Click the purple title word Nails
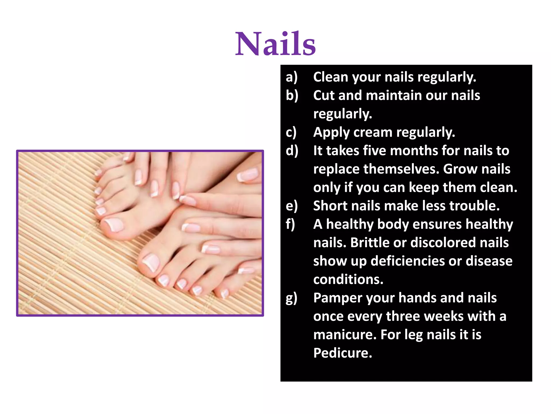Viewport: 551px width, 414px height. click(x=275, y=44)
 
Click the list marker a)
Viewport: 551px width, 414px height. click(x=292, y=77)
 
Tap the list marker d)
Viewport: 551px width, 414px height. click(x=292, y=151)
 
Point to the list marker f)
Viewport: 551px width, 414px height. click(x=291, y=224)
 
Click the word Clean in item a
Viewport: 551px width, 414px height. click(x=331, y=77)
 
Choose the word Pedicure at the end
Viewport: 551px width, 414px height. click(x=342, y=353)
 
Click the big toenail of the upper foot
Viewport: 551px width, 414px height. click(x=114, y=225)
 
